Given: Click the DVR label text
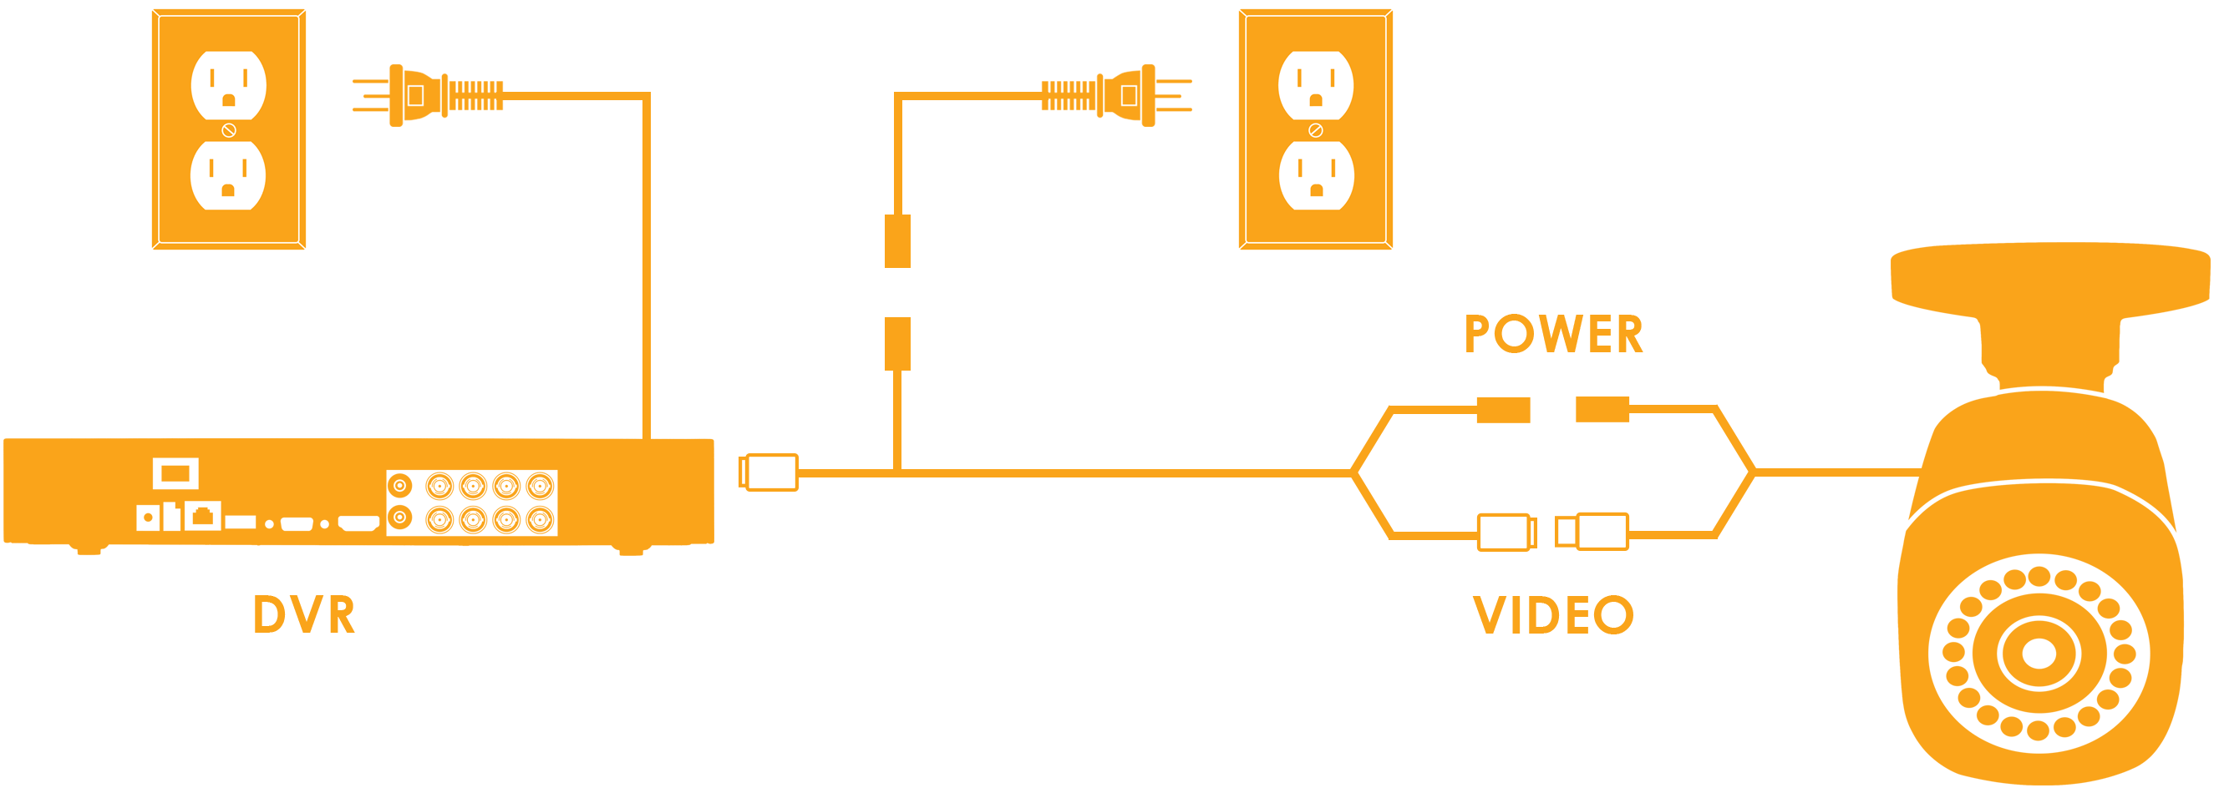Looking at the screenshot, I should pos(303,615).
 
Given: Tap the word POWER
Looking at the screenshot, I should pos(1553,334).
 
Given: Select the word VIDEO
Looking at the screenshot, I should pos(1553,615).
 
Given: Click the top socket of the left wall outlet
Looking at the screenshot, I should pos(228,85).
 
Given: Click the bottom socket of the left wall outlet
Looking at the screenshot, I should pos(228,175).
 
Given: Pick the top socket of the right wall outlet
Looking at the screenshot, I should pos(1315,85).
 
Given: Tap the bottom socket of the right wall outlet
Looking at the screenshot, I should pos(1315,175).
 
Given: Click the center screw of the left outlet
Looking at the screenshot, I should pos(229,130).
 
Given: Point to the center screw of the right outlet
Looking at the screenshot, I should pos(1315,130).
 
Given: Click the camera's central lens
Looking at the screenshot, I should pos(2039,653).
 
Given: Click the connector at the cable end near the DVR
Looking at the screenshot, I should pos(769,472).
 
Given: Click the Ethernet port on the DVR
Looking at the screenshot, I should pos(203,517).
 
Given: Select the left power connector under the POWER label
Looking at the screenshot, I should pos(1502,410).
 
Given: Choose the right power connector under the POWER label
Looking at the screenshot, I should pos(1603,409).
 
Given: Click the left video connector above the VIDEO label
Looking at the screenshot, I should pos(1506,532).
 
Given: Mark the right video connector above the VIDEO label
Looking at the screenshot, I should pos(1592,531).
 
